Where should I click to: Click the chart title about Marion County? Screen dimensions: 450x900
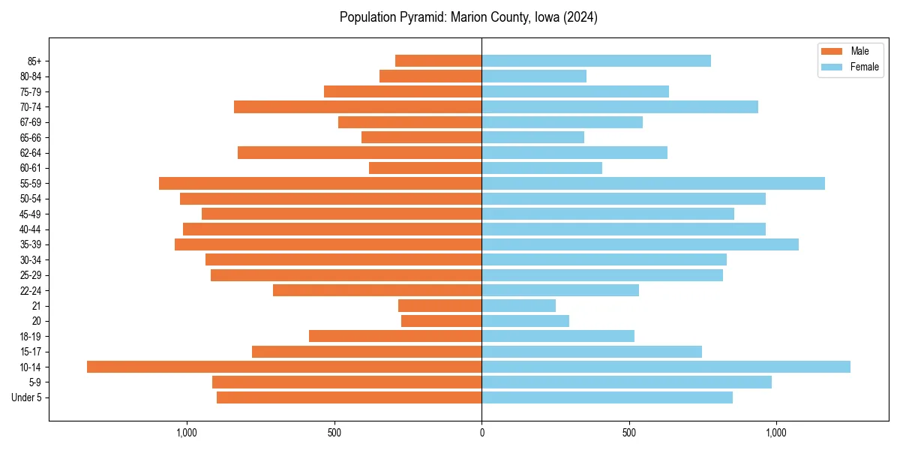468,17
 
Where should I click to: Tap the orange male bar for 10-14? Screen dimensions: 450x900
284,367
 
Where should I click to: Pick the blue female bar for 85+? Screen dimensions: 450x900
596,61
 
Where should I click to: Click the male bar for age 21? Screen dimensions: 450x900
439,305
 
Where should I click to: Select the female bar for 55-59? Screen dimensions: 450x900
653,183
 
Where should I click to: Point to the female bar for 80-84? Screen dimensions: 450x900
534,76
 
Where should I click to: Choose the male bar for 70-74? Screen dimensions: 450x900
358,106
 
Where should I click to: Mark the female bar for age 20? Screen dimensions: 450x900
525,321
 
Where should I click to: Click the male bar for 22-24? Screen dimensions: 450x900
377,290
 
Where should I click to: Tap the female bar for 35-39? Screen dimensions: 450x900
640,244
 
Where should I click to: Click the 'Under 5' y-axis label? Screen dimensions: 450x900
26,397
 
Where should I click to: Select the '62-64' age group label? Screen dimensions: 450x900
31,153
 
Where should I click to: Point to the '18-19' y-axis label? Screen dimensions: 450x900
31,337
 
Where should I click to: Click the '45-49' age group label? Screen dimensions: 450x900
31,214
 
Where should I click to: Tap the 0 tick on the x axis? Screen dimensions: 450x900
481,433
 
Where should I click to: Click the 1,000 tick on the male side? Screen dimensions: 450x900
186,433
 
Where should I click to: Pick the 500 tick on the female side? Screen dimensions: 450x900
629,433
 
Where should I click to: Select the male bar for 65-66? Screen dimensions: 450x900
421,137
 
